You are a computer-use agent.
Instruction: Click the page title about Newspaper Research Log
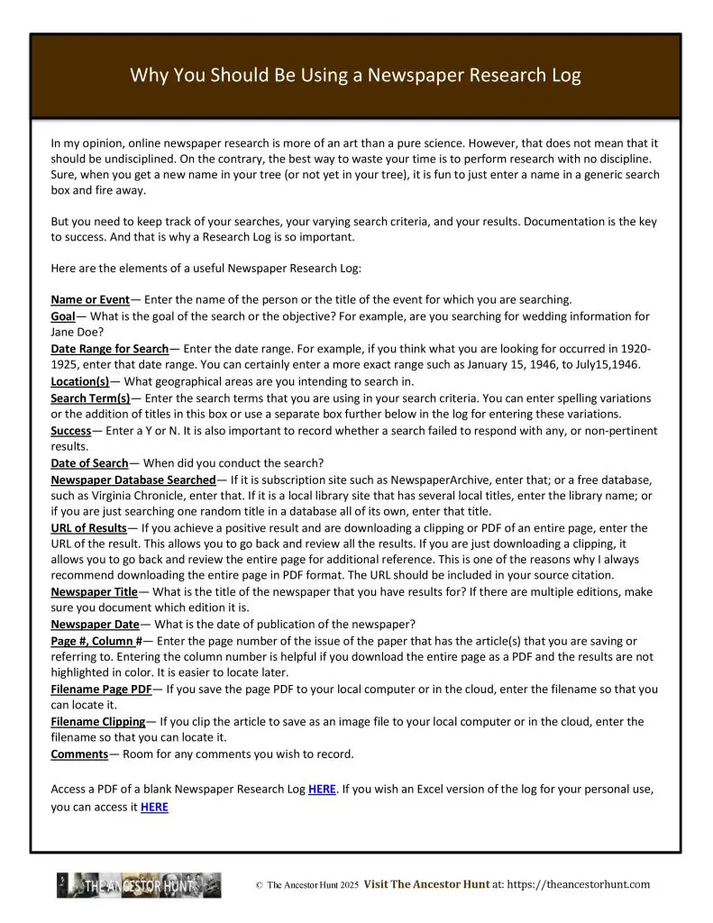[x=356, y=75]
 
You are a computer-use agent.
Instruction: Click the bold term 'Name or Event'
[x=90, y=299]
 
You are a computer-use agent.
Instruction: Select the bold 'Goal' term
[x=63, y=316]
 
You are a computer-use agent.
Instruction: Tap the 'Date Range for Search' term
[x=109, y=349]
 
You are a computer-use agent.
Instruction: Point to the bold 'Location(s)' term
[x=79, y=381]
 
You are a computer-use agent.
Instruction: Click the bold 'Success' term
[x=71, y=431]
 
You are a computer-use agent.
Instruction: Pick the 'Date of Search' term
[x=89, y=463]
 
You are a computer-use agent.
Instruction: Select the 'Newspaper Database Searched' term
[x=133, y=480]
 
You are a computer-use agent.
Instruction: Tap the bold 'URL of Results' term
[x=89, y=527]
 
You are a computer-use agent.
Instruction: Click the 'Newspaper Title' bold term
[x=94, y=592]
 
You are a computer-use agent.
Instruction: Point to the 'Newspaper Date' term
[x=95, y=625]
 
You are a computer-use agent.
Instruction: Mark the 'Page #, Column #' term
[x=96, y=641]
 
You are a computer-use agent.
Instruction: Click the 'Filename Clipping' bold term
[x=97, y=722]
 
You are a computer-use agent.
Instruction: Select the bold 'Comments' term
[x=79, y=754]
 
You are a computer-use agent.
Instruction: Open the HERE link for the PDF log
[x=322, y=790]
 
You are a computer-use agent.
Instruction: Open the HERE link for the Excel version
[x=154, y=808]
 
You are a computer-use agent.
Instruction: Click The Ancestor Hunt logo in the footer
[x=139, y=885]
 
